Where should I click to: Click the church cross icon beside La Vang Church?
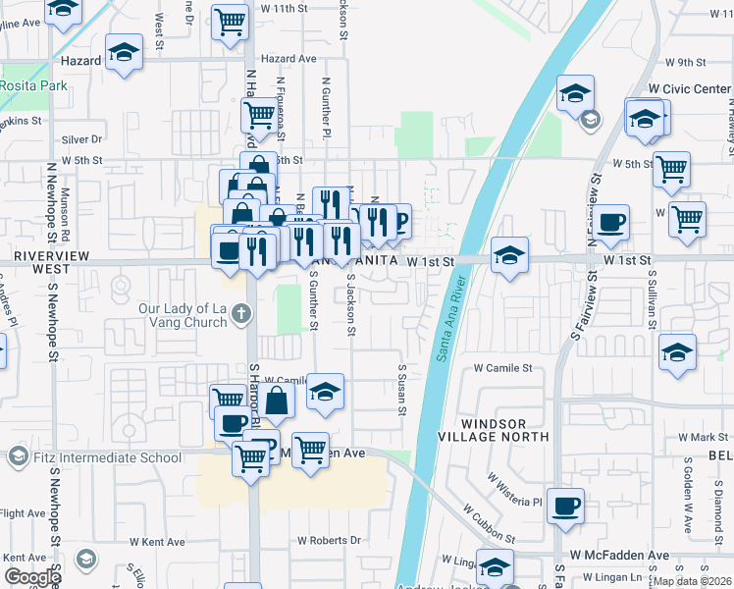pyautogui.click(x=241, y=315)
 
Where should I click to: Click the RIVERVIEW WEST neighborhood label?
pyautogui.click(x=41, y=261)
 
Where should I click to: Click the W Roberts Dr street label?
pyautogui.click(x=329, y=540)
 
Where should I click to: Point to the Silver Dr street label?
pyautogui.click(x=82, y=139)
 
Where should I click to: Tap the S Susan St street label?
pyautogui.click(x=401, y=386)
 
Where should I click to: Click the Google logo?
pyautogui.click(x=31, y=576)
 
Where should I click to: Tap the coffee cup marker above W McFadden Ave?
pyautogui.click(x=565, y=506)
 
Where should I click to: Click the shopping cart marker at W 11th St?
pyautogui.click(x=230, y=20)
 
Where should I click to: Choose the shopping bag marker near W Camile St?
pyautogui.click(x=279, y=400)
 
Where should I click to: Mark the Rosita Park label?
pyautogui.click(x=35, y=86)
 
